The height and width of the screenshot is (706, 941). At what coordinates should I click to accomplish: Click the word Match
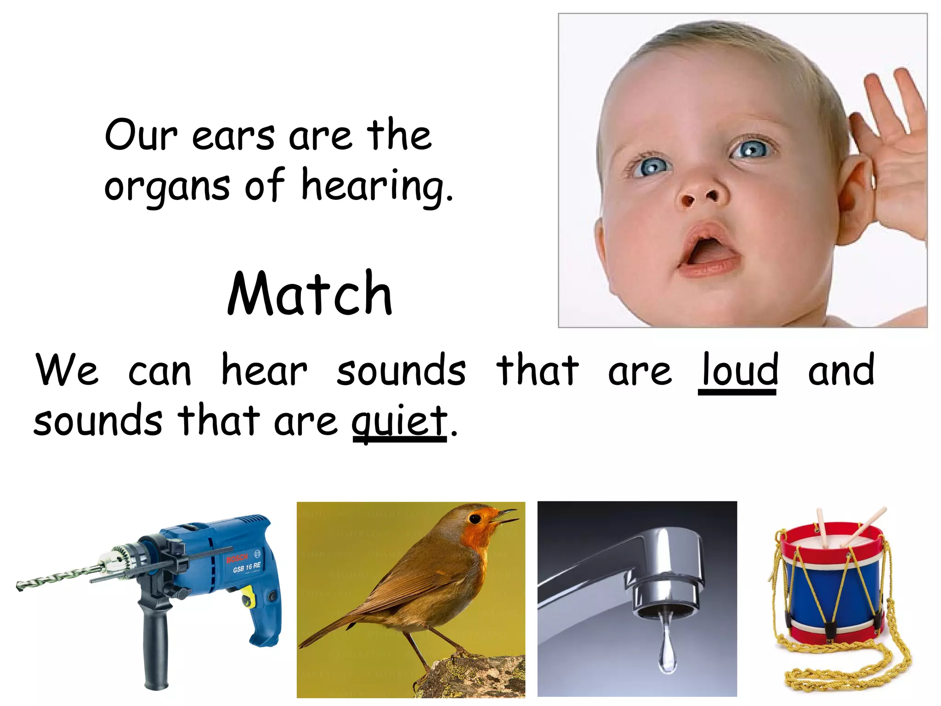[x=310, y=294]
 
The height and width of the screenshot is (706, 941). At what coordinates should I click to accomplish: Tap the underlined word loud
[x=740, y=370]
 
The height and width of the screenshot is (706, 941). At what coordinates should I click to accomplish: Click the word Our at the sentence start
[x=140, y=135]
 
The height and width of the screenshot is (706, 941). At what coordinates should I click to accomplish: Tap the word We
[x=67, y=370]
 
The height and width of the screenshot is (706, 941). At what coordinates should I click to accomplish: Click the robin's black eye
[x=475, y=518]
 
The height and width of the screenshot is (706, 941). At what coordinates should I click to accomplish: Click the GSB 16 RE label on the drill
[x=247, y=568]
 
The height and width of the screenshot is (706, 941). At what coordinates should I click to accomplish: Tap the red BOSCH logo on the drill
[x=237, y=558]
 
